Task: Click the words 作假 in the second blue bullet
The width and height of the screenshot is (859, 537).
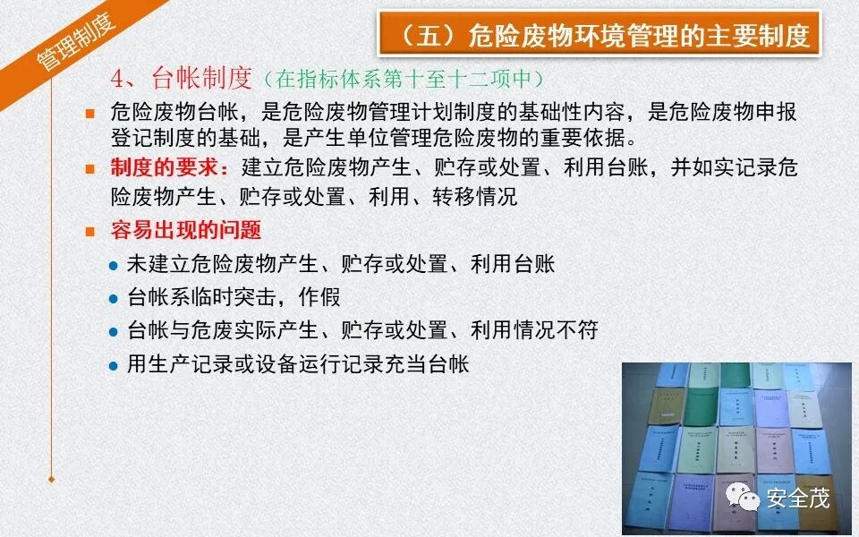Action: pyautogui.click(x=320, y=298)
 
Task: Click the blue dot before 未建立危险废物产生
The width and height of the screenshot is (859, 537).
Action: pyautogui.click(x=113, y=266)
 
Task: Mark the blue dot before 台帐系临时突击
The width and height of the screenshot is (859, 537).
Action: pyautogui.click(x=113, y=299)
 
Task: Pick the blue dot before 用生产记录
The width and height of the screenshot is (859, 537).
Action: pyautogui.click(x=113, y=365)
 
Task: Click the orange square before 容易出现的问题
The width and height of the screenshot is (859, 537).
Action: pyautogui.click(x=89, y=232)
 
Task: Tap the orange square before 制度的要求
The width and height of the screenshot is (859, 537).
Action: pyautogui.click(x=89, y=168)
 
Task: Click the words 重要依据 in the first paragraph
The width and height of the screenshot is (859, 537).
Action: pyautogui.click(x=596, y=139)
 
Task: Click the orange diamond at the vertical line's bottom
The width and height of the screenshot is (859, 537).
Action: pyautogui.click(x=52, y=480)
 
